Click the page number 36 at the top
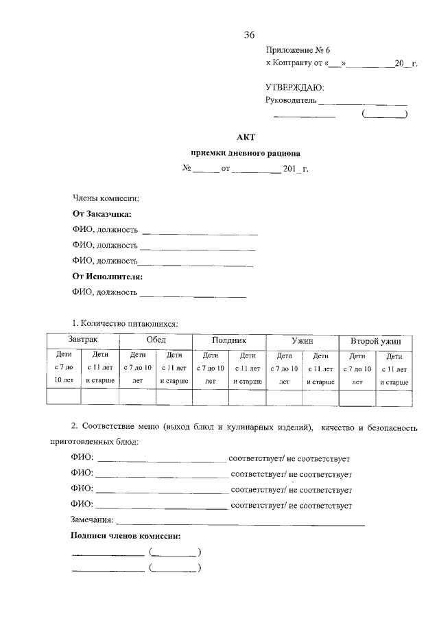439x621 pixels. point(249,35)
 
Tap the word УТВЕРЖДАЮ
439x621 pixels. point(294,87)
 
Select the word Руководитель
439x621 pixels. point(291,100)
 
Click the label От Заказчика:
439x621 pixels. point(102,214)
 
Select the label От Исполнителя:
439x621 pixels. point(107,277)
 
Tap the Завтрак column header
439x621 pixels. point(82,340)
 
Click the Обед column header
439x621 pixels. point(156,340)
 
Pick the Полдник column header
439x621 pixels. point(229,340)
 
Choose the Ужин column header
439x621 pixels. point(302,340)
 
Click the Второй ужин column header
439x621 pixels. point(376,341)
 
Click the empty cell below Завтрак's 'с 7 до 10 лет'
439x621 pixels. point(63,397)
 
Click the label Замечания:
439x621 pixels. point(92,521)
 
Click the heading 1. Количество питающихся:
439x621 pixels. point(126,322)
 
